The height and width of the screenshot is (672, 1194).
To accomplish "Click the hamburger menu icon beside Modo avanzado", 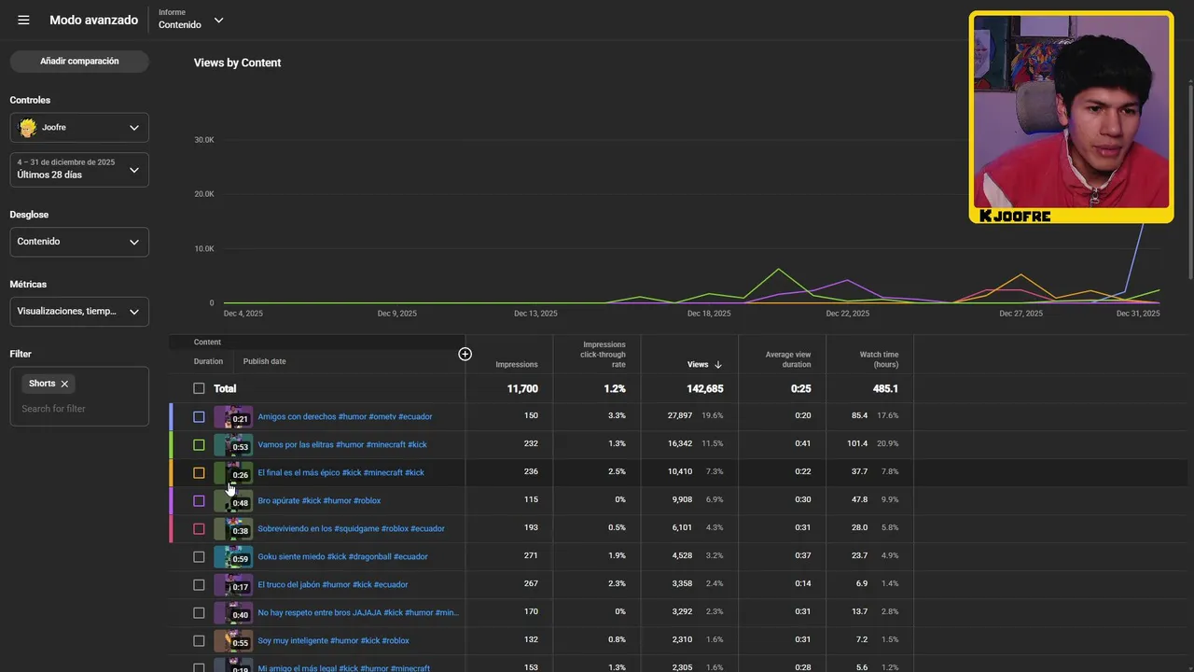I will point(23,21).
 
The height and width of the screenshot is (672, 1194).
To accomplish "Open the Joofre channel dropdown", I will point(79,128).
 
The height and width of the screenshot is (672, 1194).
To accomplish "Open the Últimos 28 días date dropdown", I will point(79,169).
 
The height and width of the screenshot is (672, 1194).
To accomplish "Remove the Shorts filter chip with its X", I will point(64,384).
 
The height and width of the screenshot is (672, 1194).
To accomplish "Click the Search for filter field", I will point(79,409).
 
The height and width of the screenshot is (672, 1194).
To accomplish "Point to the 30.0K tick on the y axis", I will point(203,140).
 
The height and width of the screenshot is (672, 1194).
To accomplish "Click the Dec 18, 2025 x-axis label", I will point(709,314).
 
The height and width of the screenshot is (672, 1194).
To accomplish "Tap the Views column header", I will point(699,365).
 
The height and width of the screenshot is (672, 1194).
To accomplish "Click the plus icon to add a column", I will point(465,354).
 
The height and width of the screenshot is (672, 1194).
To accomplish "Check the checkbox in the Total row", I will point(199,388).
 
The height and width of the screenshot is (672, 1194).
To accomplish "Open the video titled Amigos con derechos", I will point(344,416).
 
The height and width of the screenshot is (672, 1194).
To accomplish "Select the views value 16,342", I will point(680,444).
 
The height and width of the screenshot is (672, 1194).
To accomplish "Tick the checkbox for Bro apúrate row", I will point(199,501).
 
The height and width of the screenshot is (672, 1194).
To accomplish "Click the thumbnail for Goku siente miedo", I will point(232,556).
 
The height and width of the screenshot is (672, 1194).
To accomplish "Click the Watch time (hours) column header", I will point(879,359).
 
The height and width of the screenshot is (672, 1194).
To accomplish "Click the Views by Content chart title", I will point(237,63).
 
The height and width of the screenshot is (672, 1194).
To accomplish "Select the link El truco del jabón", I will point(332,584).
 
